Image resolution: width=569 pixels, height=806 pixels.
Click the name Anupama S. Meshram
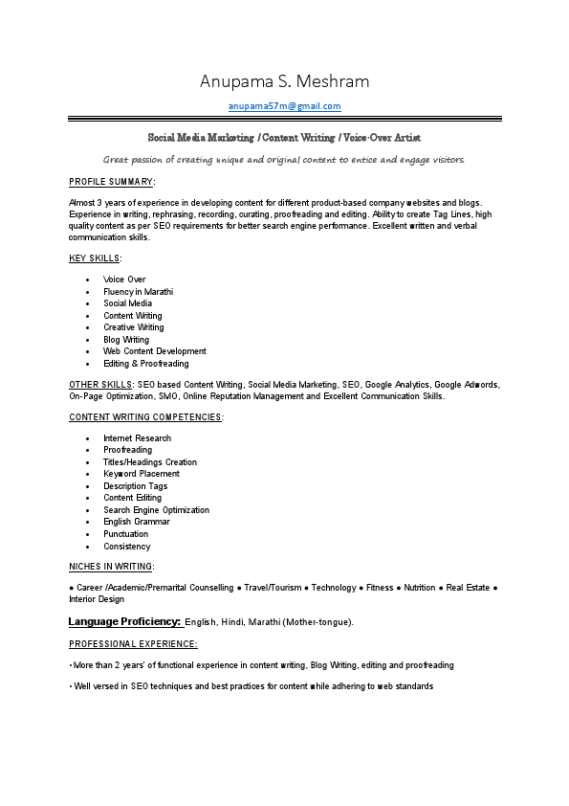pos(284,80)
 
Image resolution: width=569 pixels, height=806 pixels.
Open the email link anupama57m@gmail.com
pos(284,106)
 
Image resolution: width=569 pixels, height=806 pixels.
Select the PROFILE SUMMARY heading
pos(111,181)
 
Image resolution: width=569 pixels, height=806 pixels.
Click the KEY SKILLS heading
pos(95,258)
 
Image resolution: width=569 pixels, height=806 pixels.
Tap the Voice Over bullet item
pos(124,280)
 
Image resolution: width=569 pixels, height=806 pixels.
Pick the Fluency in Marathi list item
pos(138,292)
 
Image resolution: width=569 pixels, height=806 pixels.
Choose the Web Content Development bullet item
pos(154,351)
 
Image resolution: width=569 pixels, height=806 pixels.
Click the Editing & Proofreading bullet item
pos(145,364)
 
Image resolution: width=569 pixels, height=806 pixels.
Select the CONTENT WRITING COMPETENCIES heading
pos(145,417)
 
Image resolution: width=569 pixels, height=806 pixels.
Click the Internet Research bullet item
pos(137,438)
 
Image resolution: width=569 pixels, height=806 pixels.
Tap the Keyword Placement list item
pos(141,474)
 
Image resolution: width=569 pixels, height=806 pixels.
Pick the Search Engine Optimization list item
pos(156,510)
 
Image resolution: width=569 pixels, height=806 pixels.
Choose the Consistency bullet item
pos(126,547)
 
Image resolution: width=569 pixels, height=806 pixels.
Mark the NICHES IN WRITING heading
pos(111,567)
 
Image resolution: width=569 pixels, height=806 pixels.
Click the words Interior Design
pos(97,599)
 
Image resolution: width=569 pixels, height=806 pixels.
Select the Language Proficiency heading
pos(124,622)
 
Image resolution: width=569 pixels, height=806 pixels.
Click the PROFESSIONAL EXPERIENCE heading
pos(133,644)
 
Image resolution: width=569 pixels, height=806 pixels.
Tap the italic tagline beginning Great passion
pos(284,159)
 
